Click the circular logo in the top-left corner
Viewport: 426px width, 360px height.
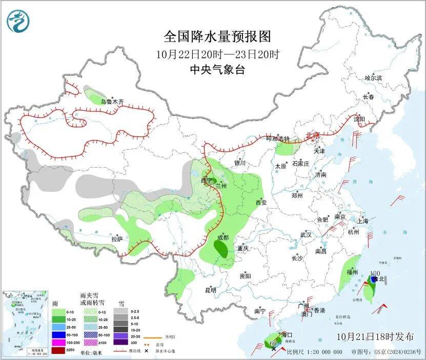coord(18,21)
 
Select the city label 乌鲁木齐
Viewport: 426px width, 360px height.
coord(112,102)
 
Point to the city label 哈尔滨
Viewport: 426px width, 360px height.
coord(373,78)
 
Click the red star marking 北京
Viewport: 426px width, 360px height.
coord(316,135)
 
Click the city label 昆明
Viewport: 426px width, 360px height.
coord(211,290)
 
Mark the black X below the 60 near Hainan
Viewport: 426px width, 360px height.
coord(274,349)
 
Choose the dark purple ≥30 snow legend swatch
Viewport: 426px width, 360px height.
coord(121,342)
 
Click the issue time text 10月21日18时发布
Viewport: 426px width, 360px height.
coord(375,337)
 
